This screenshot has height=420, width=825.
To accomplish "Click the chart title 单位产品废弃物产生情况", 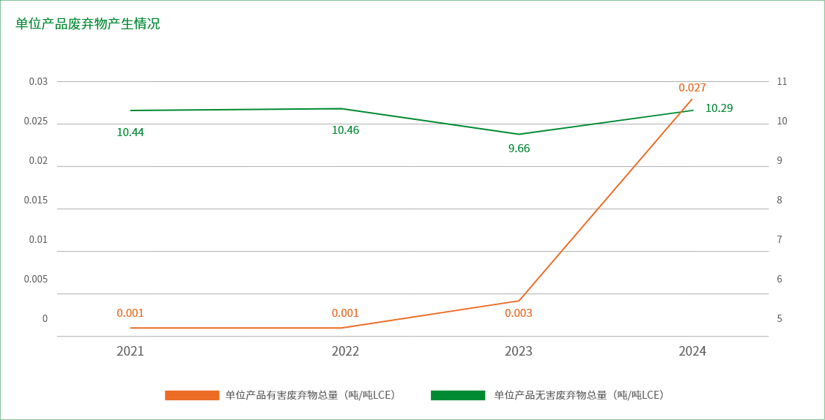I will coord(88,24).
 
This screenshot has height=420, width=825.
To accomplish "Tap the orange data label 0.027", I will coord(692,88).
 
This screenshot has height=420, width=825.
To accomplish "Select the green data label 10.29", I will coord(719,108).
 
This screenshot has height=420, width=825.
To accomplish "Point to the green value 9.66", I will coord(519,149).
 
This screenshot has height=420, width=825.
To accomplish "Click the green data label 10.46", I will coord(345,130).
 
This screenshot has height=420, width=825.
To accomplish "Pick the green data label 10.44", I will coord(130,132).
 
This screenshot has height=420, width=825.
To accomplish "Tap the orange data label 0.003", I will coord(519,313).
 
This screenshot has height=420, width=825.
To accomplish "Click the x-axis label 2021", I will coord(130,351).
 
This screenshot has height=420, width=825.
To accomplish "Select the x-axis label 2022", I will coord(345,351).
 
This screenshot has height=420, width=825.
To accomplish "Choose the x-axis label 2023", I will coord(519,351).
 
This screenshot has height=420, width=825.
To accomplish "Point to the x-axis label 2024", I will coord(692,351).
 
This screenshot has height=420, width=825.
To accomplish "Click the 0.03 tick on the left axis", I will coord(38,81).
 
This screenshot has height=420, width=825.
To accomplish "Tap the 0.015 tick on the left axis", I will coord(36,200).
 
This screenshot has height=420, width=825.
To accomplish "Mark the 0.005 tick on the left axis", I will coord(36,279).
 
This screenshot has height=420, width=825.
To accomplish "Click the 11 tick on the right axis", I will coord(781,81).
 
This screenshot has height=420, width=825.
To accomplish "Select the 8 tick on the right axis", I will coord(780,200).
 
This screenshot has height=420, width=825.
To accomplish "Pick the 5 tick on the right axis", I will coord(780,318).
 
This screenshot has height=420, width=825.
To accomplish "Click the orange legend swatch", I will coord(192,395).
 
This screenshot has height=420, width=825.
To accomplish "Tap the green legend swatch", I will coord(458,395).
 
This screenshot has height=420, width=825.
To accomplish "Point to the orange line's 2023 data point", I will coord(519,301).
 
